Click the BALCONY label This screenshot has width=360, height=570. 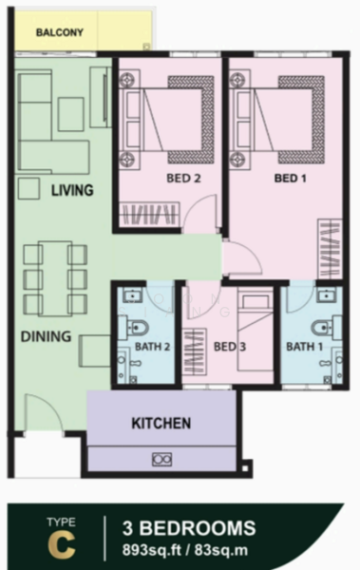tap(60, 32)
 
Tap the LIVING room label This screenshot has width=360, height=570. tap(72, 190)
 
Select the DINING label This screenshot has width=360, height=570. tap(47, 335)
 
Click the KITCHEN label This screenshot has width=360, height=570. tap(161, 422)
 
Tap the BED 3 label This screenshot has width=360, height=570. tap(231, 347)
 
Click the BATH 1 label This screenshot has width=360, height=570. tap(304, 347)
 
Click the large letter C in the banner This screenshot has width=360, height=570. tap(63, 544)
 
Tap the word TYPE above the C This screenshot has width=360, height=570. tap(63, 522)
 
